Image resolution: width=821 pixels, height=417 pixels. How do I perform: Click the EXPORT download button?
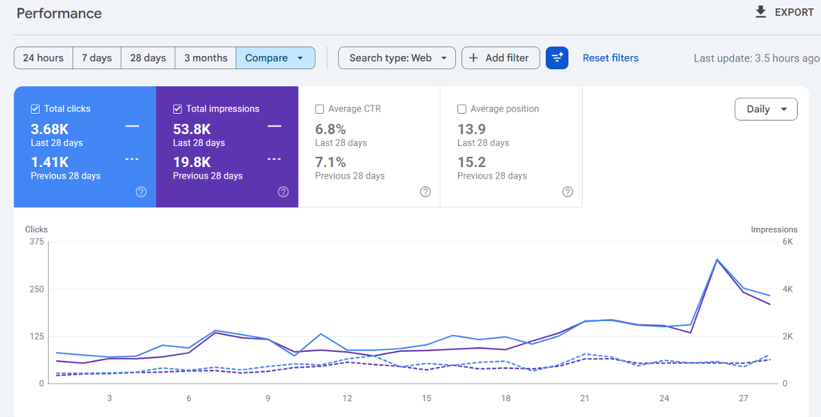click(784, 12)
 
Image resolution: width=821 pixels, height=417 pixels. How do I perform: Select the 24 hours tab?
click(43, 58)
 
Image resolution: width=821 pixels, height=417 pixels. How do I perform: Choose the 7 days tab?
click(97, 58)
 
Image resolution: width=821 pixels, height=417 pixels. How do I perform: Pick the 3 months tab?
click(206, 58)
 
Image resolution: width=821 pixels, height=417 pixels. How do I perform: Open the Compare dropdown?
click(275, 58)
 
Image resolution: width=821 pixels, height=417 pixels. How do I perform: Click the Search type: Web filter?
click(397, 58)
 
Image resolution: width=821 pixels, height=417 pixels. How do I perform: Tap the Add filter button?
click(501, 58)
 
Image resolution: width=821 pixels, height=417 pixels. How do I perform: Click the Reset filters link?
click(611, 58)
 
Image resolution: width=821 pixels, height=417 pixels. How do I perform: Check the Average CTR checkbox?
click(319, 109)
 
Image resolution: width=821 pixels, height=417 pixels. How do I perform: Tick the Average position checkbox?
click(462, 109)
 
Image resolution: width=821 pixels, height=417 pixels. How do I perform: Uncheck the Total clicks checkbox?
click(35, 109)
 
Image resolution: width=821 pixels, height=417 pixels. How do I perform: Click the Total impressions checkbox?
click(177, 109)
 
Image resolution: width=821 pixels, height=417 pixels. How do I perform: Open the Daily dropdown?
click(766, 109)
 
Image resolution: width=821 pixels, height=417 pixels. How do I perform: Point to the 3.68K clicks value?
click(50, 129)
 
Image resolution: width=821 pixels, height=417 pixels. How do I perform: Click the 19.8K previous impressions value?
click(192, 162)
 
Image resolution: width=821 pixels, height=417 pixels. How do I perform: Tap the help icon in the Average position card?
click(568, 192)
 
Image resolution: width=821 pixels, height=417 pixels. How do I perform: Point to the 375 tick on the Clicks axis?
click(37, 242)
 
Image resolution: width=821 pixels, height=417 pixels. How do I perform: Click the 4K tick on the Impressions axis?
click(787, 289)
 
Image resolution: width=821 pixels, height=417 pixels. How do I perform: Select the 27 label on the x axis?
click(744, 398)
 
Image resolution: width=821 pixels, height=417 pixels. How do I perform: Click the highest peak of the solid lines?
click(717, 260)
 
